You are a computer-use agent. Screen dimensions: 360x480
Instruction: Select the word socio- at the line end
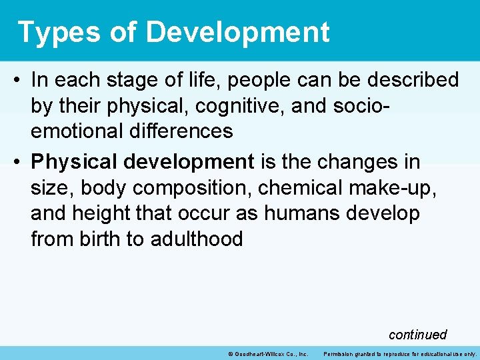click(x=375, y=106)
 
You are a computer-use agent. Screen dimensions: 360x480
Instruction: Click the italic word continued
click(x=417, y=335)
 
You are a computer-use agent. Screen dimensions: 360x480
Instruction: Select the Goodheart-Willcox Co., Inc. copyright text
click(x=267, y=353)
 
